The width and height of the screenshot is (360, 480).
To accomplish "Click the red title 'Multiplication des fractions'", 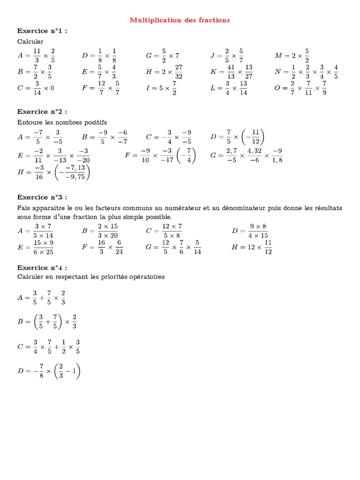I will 180,20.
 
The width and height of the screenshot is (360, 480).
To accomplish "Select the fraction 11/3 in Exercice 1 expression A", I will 37,55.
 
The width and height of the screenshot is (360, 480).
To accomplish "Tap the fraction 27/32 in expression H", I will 179,72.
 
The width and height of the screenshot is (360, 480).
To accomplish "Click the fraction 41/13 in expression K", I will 231,72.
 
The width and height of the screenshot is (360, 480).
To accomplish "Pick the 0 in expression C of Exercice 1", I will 52,88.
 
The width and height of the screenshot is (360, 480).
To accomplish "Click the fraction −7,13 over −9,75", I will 75,172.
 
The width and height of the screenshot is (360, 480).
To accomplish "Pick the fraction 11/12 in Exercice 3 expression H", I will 268,247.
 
